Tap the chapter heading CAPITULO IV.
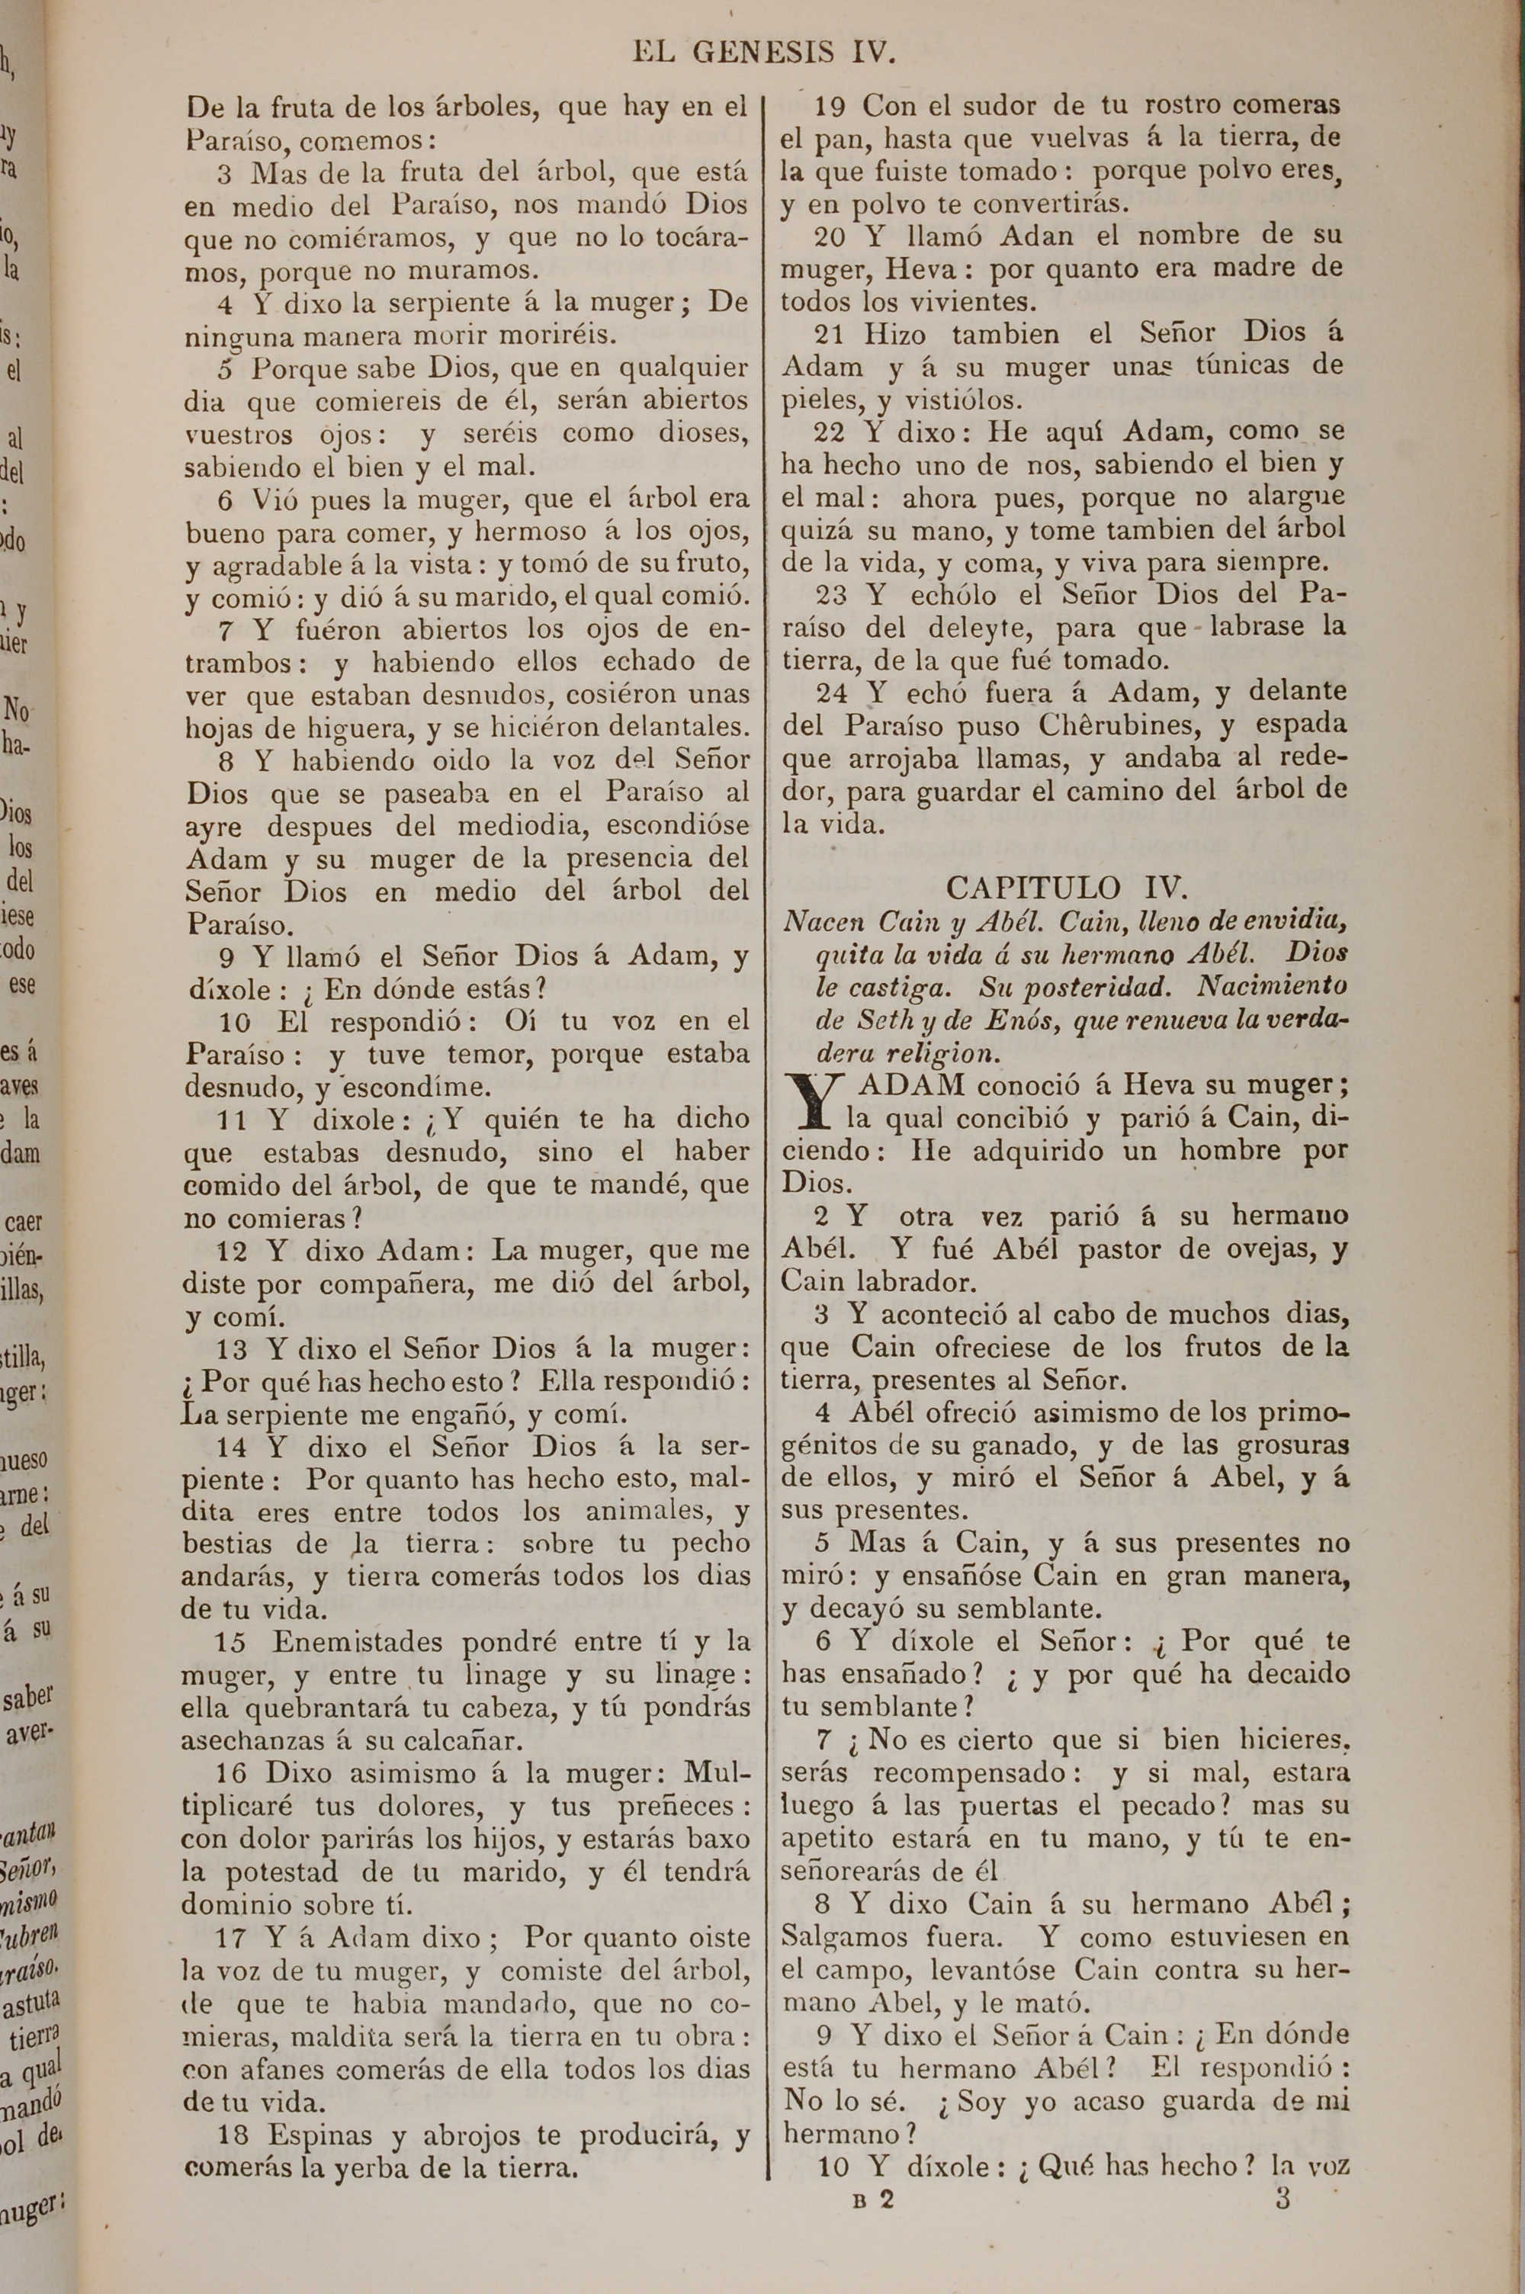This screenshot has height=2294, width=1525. [1066, 888]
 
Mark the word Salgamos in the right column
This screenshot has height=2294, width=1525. [843, 1936]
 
